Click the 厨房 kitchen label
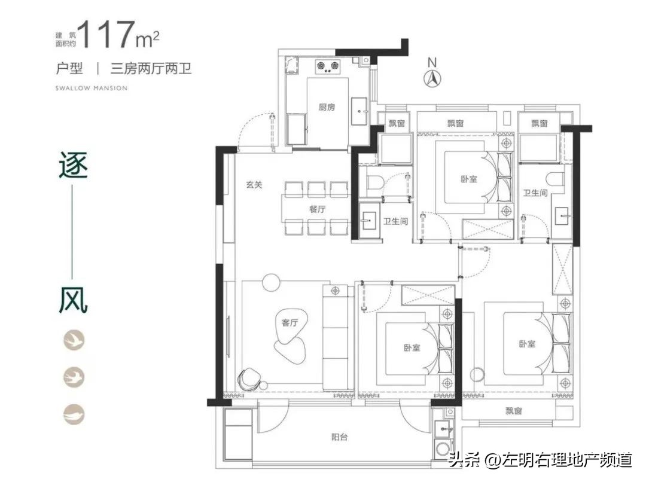(327, 108)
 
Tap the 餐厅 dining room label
(317, 209)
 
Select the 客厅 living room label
(290, 322)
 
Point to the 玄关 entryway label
(254, 185)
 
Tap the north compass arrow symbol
(432, 77)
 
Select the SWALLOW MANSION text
(91, 88)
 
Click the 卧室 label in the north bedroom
(470, 179)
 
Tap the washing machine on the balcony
(443, 449)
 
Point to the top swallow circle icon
(74, 340)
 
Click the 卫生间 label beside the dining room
(395, 221)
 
